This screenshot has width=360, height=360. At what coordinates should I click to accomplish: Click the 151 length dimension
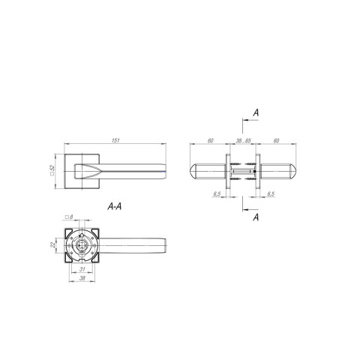coord(115,140)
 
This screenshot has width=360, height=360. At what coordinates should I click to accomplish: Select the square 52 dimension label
coord(52,170)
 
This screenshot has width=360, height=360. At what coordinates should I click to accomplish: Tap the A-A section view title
coord(115,206)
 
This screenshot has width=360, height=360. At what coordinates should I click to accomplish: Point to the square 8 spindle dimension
coord(69,217)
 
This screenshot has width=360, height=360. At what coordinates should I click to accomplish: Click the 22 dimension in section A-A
coord(52,245)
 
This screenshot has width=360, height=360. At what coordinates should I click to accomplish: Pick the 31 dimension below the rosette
coord(82,269)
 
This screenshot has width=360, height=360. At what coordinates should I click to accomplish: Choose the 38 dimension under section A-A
coord(82,278)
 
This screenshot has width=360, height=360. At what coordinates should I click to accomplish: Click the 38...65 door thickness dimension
coord(244,141)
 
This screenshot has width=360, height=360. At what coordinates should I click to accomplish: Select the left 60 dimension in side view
coord(211,141)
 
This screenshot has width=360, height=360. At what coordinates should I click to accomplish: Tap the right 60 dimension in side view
coord(276,141)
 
